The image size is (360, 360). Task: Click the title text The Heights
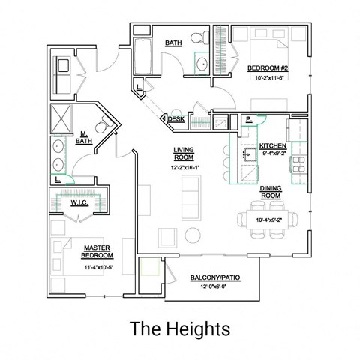point(179,328)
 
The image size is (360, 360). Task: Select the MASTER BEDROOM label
point(98,251)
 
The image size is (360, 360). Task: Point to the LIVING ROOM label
point(184,154)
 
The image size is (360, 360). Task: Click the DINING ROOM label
point(271,191)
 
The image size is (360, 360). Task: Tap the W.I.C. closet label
point(80,202)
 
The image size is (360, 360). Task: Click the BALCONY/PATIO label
point(211,278)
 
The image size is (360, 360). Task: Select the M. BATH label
point(85,138)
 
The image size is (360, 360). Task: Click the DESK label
point(176,119)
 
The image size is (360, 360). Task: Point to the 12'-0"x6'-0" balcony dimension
point(211,287)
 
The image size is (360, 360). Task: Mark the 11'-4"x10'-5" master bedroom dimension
point(97,265)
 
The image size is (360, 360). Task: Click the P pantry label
point(248,119)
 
